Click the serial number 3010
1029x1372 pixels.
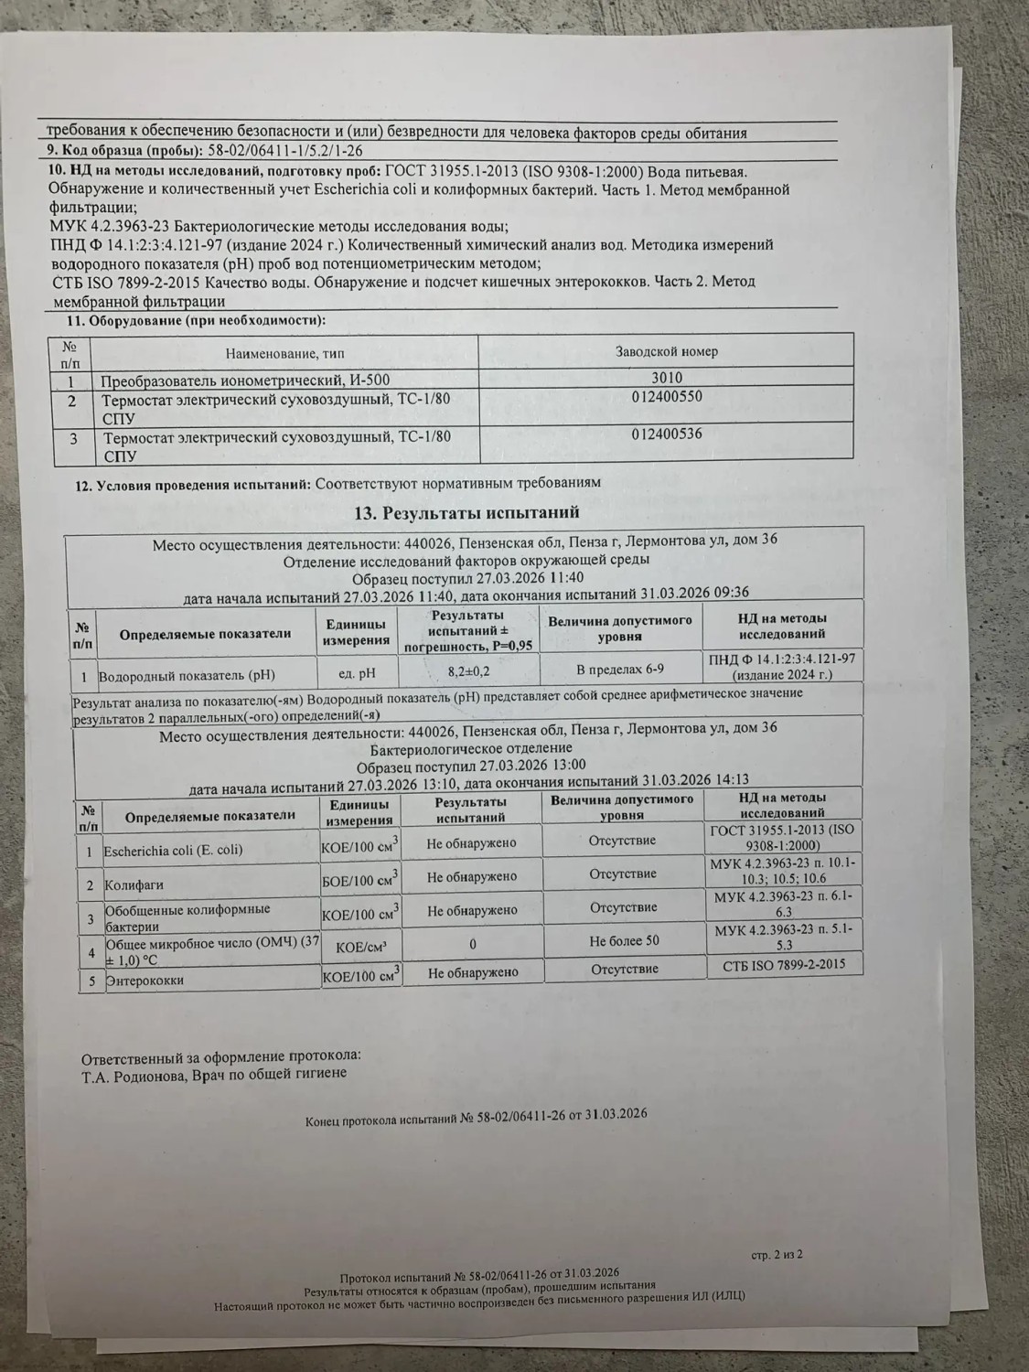pos(667,378)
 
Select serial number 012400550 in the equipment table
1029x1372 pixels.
pos(667,397)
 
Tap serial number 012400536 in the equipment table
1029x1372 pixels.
pos(667,434)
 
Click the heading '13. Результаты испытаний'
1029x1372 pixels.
pos(473,512)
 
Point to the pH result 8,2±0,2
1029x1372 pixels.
pos(469,670)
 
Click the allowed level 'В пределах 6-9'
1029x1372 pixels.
pos(620,670)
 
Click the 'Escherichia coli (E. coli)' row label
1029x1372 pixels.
pos(174,850)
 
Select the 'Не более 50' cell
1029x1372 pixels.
pos(624,940)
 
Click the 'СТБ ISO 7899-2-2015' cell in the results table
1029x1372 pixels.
pos(784,964)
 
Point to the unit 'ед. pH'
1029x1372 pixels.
pos(357,674)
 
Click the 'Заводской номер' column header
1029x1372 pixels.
pos(667,351)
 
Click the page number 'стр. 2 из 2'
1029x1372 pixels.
pos(777,1254)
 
